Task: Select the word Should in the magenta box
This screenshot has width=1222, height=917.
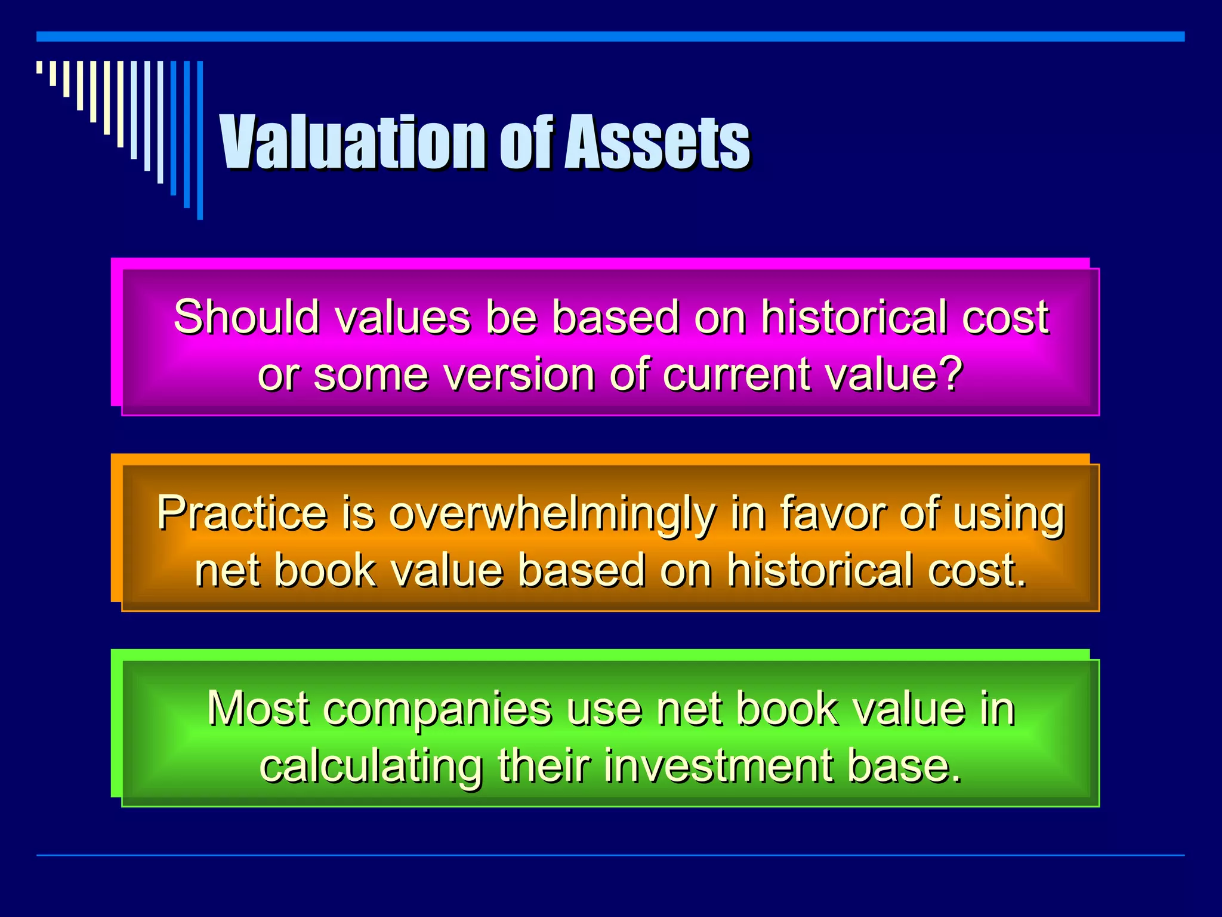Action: [x=246, y=316]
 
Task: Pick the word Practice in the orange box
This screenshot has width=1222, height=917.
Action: [x=242, y=513]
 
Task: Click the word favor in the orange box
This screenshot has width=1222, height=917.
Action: [x=833, y=513]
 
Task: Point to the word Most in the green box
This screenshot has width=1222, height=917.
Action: [x=258, y=709]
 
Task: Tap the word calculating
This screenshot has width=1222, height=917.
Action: [x=371, y=766]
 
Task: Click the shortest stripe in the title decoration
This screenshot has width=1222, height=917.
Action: [x=39, y=67]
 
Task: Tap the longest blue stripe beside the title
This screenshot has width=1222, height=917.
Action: [x=200, y=140]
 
